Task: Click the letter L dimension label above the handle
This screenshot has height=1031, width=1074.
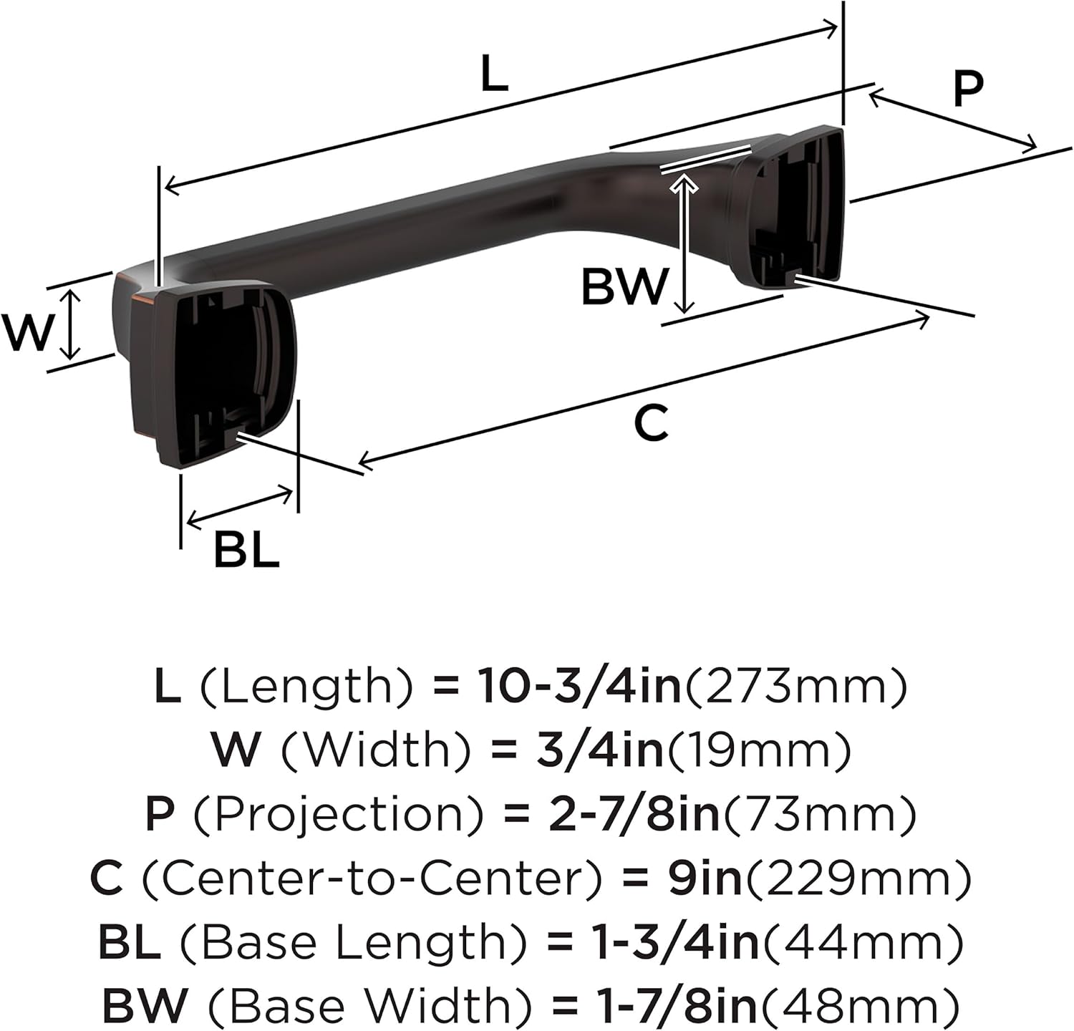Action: click(x=494, y=74)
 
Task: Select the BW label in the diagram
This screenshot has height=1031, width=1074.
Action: click(x=624, y=286)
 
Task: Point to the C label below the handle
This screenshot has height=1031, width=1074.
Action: click(x=651, y=423)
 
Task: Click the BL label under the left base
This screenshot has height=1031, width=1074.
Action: click(x=246, y=550)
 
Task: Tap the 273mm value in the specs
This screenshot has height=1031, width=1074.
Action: click(x=796, y=685)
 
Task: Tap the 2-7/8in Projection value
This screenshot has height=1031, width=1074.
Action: click(x=634, y=814)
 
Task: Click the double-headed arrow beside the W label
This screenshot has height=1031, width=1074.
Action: click(x=69, y=324)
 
